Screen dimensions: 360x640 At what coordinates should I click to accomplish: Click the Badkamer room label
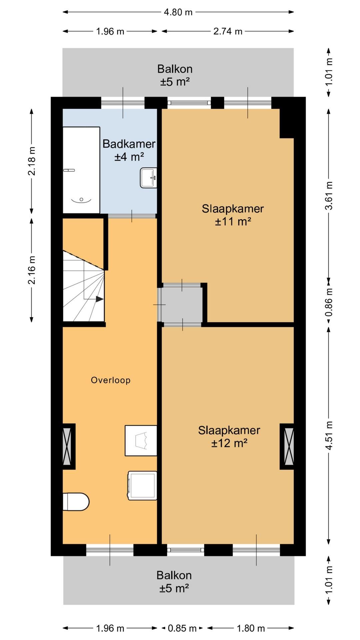click(x=129, y=150)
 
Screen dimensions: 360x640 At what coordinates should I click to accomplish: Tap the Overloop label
click(x=111, y=380)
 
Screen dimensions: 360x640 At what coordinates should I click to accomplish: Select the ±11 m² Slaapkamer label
click(x=233, y=215)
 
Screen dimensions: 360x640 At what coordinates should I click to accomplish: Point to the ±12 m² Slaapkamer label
click(x=229, y=437)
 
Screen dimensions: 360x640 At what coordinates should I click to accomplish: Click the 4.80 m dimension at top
click(x=178, y=12)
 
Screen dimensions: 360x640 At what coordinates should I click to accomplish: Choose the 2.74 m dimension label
click(x=228, y=31)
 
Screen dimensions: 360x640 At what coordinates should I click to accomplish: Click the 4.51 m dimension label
click(x=329, y=435)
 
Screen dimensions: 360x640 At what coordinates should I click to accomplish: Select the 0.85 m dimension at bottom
click(x=182, y=628)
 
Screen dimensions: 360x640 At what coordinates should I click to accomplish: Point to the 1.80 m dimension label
click(x=251, y=628)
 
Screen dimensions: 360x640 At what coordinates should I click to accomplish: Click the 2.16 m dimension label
click(x=32, y=270)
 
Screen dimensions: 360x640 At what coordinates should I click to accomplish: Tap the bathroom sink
click(x=148, y=178)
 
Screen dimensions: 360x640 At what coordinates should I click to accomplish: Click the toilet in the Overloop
click(x=76, y=502)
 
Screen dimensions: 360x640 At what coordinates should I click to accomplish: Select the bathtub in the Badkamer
click(x=81, y=170)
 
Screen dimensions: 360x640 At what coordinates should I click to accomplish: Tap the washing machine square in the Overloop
click(x=143, y=486)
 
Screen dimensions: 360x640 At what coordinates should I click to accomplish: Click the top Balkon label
click(x=175, y=75)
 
